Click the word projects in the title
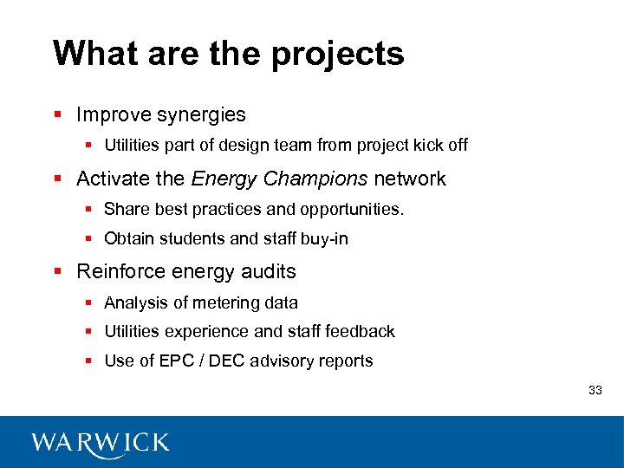337,54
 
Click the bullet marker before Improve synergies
58,114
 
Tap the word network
409,179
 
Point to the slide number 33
595,390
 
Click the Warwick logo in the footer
101,443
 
